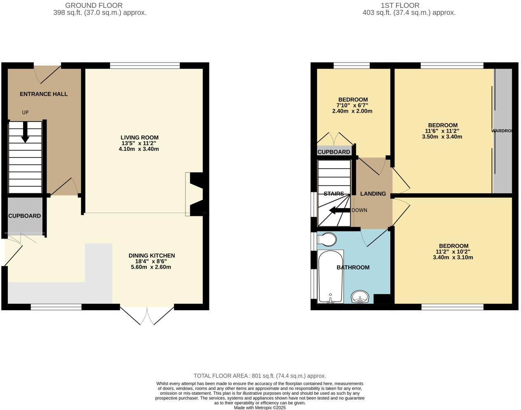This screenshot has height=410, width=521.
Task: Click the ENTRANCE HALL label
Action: point(44,94)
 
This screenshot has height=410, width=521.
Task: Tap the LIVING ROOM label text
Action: point(139,138)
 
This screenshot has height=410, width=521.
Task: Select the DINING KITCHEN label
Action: point(152,255)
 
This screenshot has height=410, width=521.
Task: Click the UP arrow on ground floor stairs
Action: point(25,132)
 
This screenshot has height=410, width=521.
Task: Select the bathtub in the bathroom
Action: point(331,276)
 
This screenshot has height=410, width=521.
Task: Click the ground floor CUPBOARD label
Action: point(25,216)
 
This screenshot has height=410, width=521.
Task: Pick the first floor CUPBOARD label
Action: point(334,152)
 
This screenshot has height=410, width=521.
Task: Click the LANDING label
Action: point(373,194)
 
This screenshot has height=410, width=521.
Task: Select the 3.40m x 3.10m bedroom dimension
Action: point(453,258)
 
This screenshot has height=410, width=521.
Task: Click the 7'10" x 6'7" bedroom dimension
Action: point(353,105)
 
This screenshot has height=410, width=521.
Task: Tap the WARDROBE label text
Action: point(502,131)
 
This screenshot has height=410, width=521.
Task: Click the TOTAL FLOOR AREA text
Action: point(260,376)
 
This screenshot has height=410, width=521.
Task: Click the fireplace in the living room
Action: point(195,194)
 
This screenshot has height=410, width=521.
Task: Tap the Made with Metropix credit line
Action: point(260,408)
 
